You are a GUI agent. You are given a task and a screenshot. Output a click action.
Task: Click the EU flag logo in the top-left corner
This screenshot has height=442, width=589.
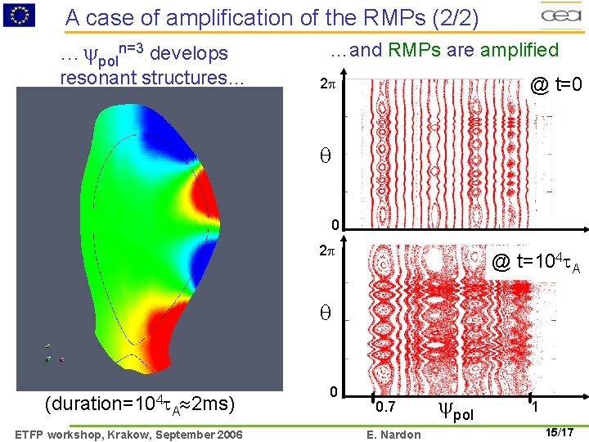[x=20, y=14]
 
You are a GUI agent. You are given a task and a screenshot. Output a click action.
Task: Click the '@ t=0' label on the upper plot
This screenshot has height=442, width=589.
[x=556, y=84]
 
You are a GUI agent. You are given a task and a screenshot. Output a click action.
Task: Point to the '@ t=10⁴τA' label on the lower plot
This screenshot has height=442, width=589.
[x=536, y=263]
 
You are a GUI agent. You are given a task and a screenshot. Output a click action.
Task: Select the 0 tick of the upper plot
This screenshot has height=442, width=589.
[x=335, y=226]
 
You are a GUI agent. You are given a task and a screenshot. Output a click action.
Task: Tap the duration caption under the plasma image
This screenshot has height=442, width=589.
[x=141, y=404]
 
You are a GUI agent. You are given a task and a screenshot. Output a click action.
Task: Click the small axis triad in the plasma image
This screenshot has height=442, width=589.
[x=52, y=354]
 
